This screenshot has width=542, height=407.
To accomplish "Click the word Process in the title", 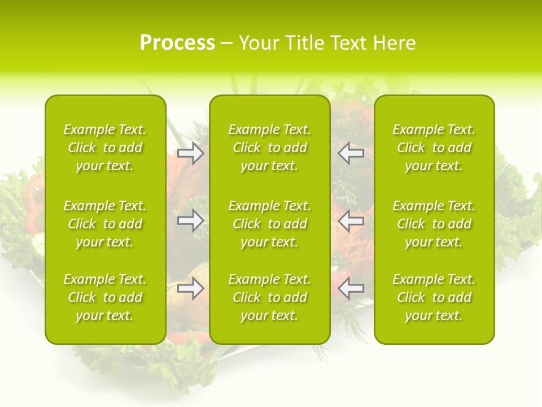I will click(177, 43).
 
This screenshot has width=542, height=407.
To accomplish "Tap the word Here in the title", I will click(394, 43).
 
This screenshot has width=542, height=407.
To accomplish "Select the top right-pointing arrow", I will click(190, 153).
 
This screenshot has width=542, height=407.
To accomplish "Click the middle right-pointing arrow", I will click(190, 220).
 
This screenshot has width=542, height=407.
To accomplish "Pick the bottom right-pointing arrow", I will click(190, 288).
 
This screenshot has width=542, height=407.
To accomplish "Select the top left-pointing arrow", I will click(351, 153).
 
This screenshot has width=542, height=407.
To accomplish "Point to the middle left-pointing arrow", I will click(351, 220).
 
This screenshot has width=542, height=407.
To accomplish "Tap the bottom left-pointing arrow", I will click(351, 288).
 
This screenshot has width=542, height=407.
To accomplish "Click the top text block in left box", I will click(105, 148).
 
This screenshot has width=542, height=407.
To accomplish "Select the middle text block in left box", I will click(105, 224).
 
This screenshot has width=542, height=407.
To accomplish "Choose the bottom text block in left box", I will click(105, 297).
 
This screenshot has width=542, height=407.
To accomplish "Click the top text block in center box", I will click(269, 148).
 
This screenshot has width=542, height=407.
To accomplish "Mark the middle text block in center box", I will click(269, 224).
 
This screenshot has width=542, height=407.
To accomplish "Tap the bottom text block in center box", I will click(269, 297).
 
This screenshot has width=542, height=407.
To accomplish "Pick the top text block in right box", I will click(434, 148).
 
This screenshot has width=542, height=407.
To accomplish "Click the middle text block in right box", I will click(434, 224).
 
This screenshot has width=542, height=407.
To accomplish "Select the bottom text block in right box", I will click(434, 297).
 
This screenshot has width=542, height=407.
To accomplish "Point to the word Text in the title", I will click(349, 43).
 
